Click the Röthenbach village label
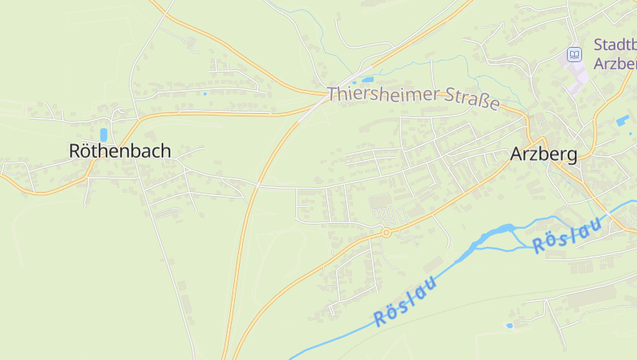coord(119,151)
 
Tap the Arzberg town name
coord(544,154)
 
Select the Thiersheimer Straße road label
coord(414,98)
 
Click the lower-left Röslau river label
coord(406,302)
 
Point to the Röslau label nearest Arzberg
coord(567,234)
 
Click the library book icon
coord(573,54)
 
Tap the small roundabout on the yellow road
coord(386,233)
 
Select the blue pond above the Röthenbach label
coord(104,135)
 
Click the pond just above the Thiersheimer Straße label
coord(367,80)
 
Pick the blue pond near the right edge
coord(622,120)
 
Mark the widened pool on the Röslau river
coord(497,232)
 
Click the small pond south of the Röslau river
coord(510,325)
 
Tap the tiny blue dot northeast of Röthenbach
coord(205,94)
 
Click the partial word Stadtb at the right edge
coord(615,45)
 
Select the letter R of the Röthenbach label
coord(76,151)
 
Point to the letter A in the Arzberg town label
coord(517,154)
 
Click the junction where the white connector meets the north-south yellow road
coord(259,186)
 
